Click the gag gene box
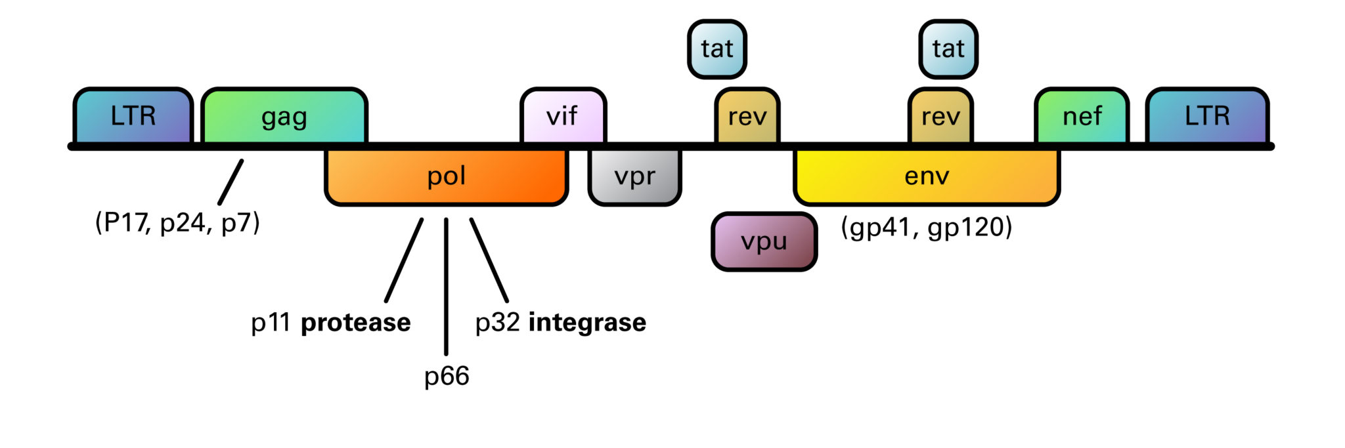(x=284, y=116)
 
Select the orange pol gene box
(x=447, y=176)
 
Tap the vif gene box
(x=563, y=116)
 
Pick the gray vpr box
(x=634, y=176)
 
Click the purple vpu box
(x=764, y=241)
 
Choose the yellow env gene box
(x=926, y=176)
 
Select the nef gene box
(x=1082, y=116)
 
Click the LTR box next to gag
(x=133, y=116)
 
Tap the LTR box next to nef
(x=1207, y=116)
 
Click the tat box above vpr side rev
(x=717, y=49)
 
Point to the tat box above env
(x=948, y=49)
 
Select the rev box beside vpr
(x=747, y=116)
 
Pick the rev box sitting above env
(x=940, y=116)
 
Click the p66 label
(x=447, y=376)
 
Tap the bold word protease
(x=355, y=323)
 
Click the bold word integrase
(x=587, y=323)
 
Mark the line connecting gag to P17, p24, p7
(x=231, y=182)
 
